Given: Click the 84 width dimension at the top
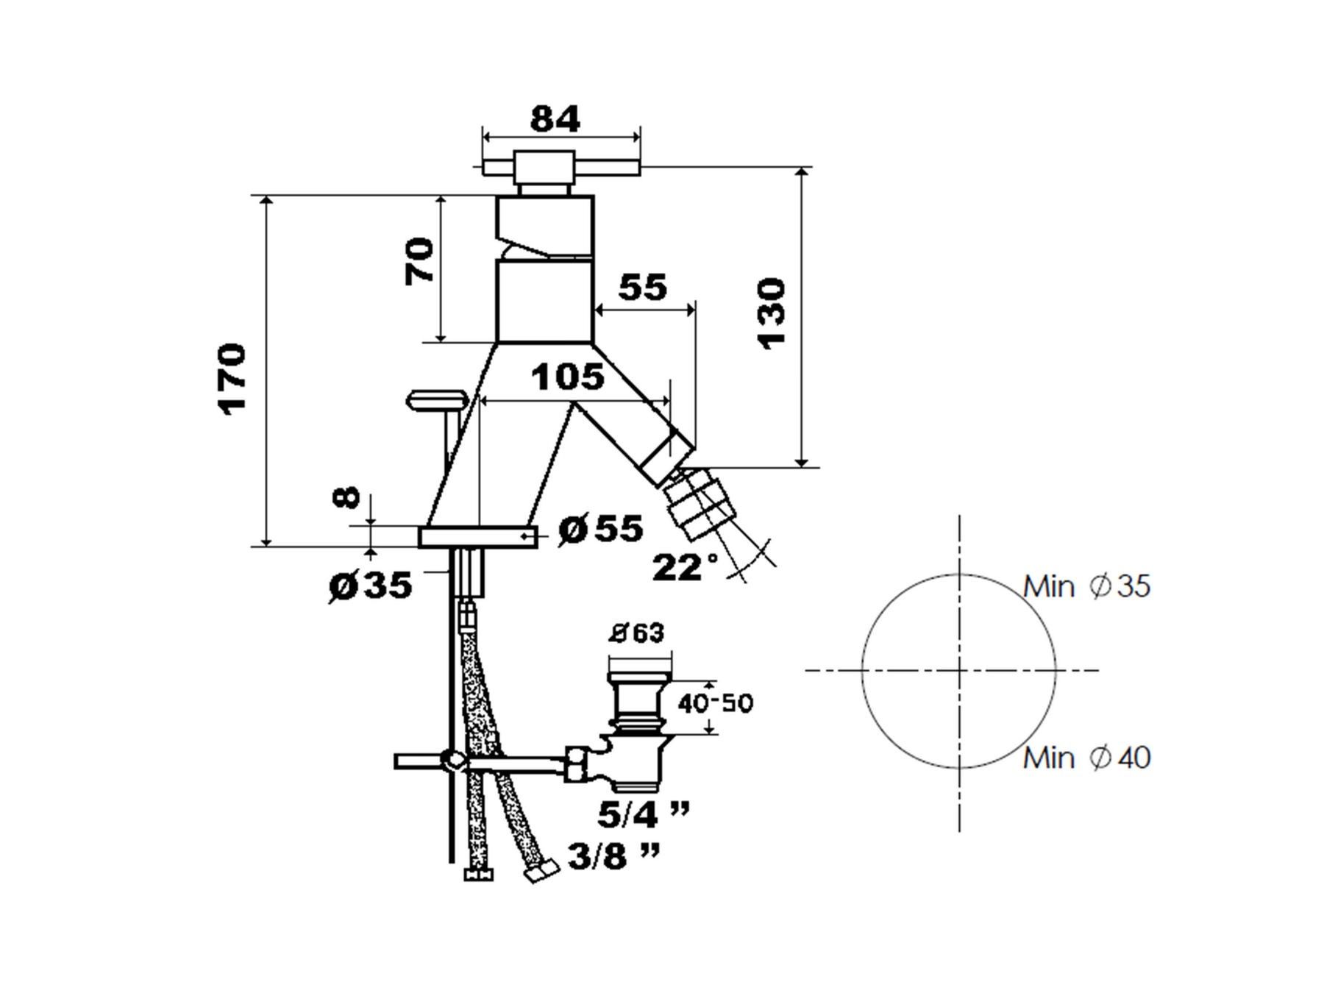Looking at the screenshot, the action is pyautogui.click(x=555, y=119).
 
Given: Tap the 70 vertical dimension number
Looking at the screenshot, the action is pyautogui.click(x=420, y=260).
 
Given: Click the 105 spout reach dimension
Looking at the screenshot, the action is pyautogui.click(x=568, y=377).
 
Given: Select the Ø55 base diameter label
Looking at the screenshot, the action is pyautogui.click(x=600, y=529).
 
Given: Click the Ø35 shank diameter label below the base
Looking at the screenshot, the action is pyautogui.click(x=370, y=586).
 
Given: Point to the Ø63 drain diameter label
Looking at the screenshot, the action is pyautogui.click(x=637, y=633).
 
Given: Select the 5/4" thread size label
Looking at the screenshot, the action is pyautogui.click(x=644, y=814).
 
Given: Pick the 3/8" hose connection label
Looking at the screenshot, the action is pyautogui.click(x=613, y=856).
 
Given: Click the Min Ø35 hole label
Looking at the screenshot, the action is pyautogui.click(x=1086, y=586).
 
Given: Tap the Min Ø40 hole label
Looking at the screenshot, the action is pyautogui.click(x=1086, y=758).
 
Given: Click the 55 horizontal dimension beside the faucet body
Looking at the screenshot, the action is pyautogui.click(x=643, y=288).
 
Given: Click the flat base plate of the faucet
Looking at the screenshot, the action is pyautogui.click(x=478, y=537).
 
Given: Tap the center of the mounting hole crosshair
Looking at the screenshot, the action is pyautogui.click(x=959, y=670).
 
